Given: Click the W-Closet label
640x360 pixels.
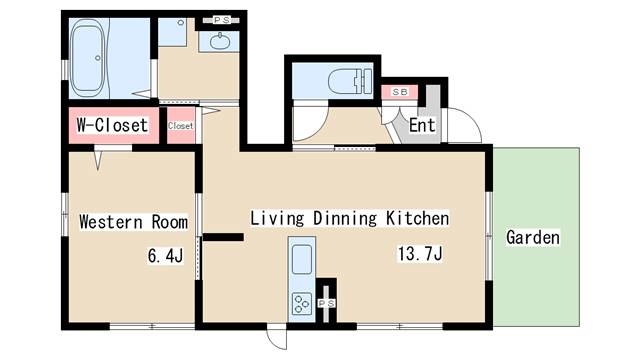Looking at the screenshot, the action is [112, 125].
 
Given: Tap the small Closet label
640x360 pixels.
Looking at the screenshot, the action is [180, 126].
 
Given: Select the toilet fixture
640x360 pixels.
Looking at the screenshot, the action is [350, 81].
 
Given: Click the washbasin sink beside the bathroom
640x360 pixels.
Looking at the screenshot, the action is [220, 41].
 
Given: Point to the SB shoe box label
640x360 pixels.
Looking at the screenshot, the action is [400, 92].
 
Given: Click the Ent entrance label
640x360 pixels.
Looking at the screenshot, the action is [422, 125].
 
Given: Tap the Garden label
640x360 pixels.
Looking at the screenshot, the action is [533, 237].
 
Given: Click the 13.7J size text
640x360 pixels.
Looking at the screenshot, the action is [420, 253].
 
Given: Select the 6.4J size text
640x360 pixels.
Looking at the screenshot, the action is [165, 256].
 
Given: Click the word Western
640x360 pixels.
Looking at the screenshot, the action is [111, 222].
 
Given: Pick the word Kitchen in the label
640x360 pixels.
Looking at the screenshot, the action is [418, 218].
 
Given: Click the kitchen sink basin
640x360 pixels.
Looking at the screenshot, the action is [302, 259].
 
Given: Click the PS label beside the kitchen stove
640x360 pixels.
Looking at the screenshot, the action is [327, 303].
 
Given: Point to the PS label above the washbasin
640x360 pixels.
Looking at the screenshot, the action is [222, 20].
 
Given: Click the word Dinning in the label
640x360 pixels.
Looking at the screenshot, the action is [345, 218].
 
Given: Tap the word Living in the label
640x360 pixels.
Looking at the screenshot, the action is [278, 218].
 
